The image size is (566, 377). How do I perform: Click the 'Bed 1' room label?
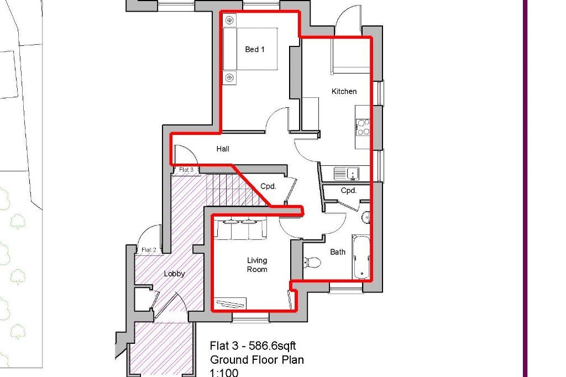click(x=255, y=49)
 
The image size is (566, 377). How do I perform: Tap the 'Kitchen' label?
click(x=344, y=91)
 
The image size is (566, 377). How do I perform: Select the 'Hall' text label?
click(x=223, y=149)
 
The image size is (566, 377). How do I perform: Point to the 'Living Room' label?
click(x=257, y=265)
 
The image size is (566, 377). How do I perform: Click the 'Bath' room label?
click(x=338, y=252)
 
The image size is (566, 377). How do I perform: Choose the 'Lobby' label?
click(x=174, y=274)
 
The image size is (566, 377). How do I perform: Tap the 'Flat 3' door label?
click(x=185, y=170)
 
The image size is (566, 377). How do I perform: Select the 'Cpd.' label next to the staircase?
click(x=269, y=186)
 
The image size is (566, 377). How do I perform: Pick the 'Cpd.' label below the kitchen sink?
click(x=348, y=191)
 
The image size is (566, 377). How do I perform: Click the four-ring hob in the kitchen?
click(x=363, y=127)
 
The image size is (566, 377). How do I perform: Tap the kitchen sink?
click(x=347, y=174)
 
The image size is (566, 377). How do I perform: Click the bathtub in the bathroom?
click(x=361, y=257)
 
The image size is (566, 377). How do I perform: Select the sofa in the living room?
click(x=240, y=228)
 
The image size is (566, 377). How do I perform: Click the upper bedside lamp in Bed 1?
click(x=229, y=20)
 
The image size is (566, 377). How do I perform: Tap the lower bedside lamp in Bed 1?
click(x=229, y=77)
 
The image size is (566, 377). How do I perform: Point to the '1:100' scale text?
click(x=224, y=373)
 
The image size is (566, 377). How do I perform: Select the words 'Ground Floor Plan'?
click(x=256, y=360)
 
